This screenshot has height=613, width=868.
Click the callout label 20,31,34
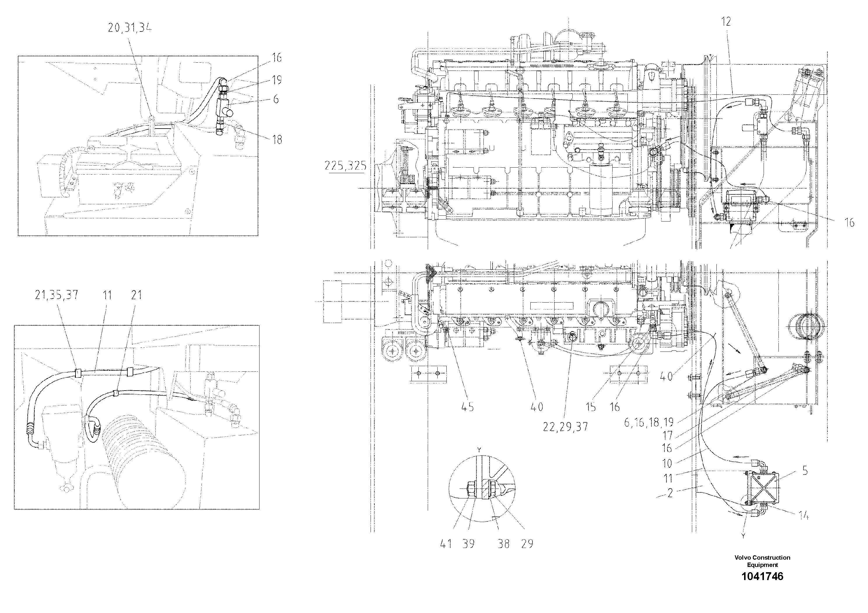[x=130, y=28]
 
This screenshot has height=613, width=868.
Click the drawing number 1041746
[x=762, y=576]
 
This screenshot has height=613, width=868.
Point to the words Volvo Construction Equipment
[x=762, y=561]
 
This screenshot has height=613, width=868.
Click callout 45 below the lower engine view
[x=467, y=407]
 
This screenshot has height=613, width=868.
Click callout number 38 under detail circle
[x=504, y=544]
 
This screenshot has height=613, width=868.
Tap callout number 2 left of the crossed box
[x=670, y=493]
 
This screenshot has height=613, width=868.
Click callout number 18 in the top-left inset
[x=277, y=140]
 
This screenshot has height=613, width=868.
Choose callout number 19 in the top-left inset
[x=277, y=80]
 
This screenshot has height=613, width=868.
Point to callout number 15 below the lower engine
[x=590, y=407]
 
